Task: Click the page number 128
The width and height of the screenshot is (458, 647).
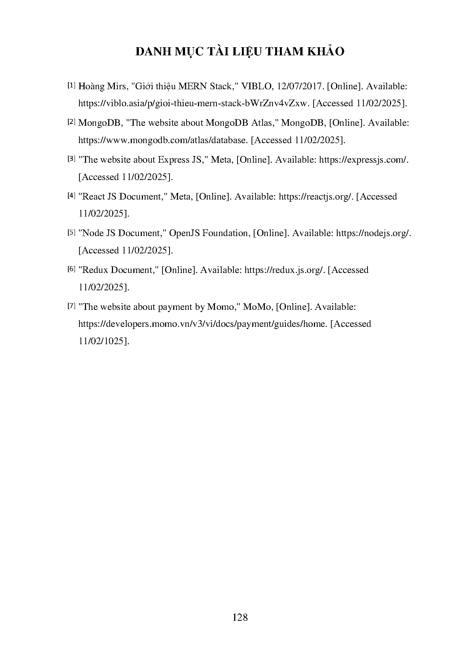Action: [x=240, y=617]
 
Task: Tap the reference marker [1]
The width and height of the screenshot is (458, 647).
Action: [x=71, y=86]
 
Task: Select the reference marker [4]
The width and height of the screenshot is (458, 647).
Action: [x=71, y=196]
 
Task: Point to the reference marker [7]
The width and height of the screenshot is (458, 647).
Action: [x=71, y=306]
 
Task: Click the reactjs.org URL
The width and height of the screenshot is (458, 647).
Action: [x=317, y=197]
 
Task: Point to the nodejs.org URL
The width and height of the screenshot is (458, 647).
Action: [x=373, y=233]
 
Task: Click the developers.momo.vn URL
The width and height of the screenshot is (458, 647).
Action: [x=203, y=324]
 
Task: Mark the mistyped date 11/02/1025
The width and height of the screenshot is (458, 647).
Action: [x=103, y=341]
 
